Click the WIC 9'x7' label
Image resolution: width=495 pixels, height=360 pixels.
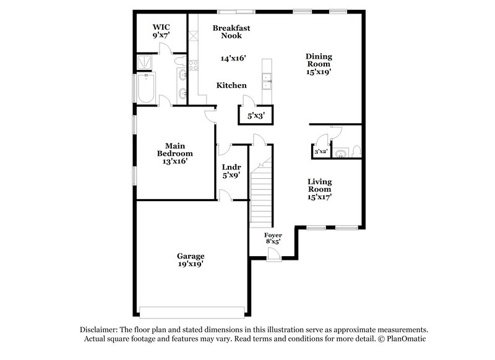point(161,32)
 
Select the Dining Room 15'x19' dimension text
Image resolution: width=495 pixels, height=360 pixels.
point(319,72)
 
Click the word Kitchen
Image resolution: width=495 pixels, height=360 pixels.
point(231,85)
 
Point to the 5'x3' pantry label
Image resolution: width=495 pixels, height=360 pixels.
point(256,115)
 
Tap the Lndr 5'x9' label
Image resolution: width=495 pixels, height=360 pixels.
point(231,171)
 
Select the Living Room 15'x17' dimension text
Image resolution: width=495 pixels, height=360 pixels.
point(320,197)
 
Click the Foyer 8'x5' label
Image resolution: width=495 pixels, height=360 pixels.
point(273,239)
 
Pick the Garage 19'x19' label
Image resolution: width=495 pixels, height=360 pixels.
point(191,260)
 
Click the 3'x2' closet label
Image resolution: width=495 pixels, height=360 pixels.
point(321,152)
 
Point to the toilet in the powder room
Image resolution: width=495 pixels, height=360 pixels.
point(355,150)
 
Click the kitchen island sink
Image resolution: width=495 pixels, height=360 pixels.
point(268,77)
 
